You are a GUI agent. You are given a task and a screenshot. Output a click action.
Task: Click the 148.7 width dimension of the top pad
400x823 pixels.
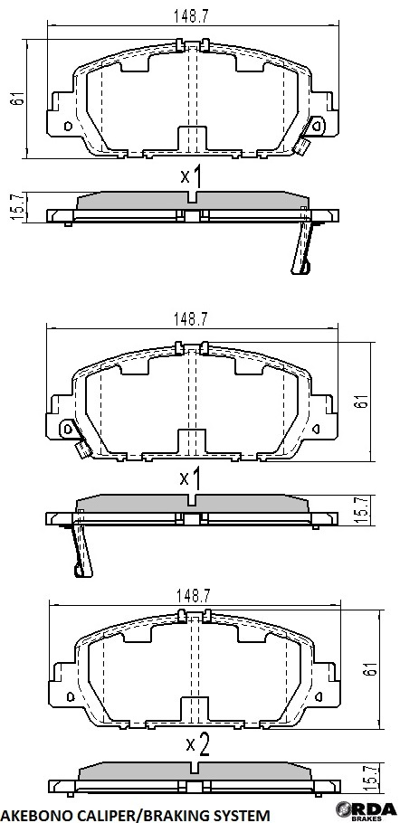(x=191, y=17)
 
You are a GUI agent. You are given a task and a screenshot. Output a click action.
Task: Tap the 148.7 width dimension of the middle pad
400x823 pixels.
(x=191, y=319)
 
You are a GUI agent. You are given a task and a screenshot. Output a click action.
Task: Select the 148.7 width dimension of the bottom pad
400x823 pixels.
(x=193, y=596)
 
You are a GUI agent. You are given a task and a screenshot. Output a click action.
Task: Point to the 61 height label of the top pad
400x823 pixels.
(x=18, y=99)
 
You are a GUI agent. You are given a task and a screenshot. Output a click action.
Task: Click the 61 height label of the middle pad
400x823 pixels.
(x=363, y=402)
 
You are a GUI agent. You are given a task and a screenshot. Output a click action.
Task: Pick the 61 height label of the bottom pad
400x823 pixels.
(x=371, y=668)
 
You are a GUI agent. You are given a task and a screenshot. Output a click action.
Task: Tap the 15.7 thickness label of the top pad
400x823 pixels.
(x=18, y=207)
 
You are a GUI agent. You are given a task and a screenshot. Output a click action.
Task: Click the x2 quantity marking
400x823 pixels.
(x=198, y=744)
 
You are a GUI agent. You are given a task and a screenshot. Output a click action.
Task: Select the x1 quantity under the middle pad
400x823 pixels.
(x=191, y=478)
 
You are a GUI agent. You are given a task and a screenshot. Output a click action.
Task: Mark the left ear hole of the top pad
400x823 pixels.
(x=67, y=126)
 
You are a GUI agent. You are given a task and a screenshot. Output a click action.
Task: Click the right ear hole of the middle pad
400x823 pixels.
(x=318, y=429)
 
